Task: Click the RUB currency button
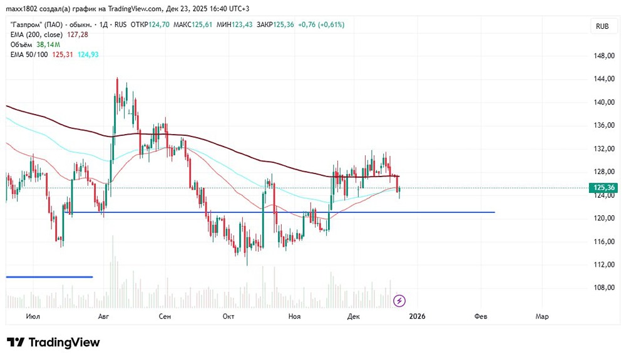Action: click(x=602, y=26)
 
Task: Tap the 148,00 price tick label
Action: click(x=603, y=56)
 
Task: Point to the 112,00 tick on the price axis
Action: click(x=603, y=264)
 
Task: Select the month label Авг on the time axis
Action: click(x=105, y=317)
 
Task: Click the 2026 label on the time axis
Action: click(x=417, y=317)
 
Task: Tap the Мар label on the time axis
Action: click(x=542, y=317)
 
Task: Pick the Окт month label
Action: click(x=228, y=317)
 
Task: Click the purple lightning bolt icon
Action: click(x=399, y=301)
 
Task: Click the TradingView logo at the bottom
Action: click(x=54, y=342)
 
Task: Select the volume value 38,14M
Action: click(x=48, y=44)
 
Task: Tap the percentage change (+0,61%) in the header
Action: click(x=329, y=24)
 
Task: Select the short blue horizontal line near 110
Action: click(x=49, y=277)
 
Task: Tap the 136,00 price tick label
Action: click(x=603, y=125)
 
